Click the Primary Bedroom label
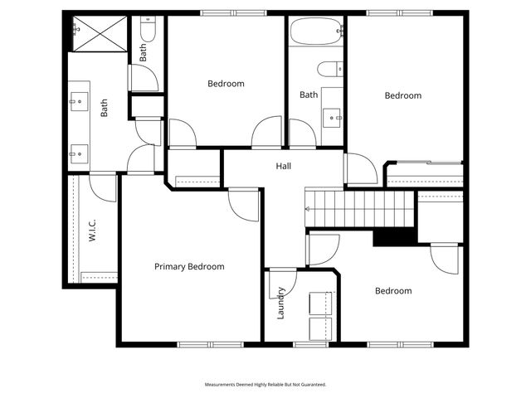point(189,267)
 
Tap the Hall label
point(284,167)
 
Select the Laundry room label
point(282,303)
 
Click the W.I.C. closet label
point(93,230)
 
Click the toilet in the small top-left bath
point(148,32)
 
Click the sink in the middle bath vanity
point(335,117)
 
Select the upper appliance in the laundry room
point(321,303)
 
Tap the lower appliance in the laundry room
point(321,328)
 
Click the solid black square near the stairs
point(393,236)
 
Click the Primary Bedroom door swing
point(243,204)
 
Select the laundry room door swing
point(278,284)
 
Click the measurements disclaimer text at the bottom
point(265,385)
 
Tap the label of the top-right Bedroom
point(403,96)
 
